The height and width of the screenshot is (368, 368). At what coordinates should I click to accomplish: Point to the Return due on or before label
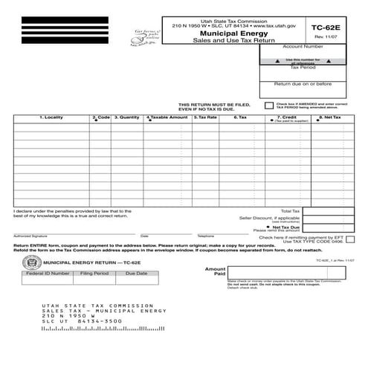[303, 84]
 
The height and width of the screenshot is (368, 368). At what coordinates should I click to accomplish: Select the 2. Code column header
[101, 117]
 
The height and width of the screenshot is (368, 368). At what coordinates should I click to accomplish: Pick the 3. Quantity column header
[127, 117]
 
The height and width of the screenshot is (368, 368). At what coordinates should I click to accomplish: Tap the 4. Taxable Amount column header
[167, 117]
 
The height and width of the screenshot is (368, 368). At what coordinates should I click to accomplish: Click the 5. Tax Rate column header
[205, 117]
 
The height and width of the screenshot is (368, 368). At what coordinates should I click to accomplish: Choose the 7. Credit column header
[288, 117]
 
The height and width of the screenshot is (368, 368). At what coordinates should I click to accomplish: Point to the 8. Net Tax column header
[330, 117]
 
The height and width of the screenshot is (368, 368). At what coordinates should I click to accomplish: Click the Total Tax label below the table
[291, 211]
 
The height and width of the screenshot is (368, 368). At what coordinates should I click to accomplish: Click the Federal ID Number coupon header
[48, 274]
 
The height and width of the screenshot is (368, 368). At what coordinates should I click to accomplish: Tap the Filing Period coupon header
[94, 274]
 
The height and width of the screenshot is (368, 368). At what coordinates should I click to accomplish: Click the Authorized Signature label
[28, 236]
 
